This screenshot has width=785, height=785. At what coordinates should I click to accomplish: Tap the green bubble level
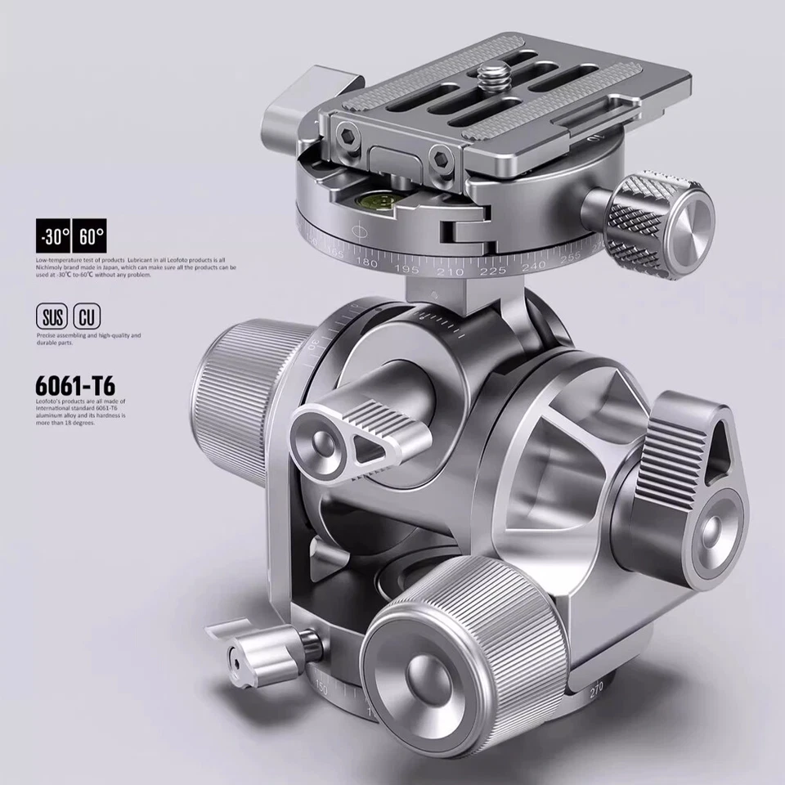tap(379, 196)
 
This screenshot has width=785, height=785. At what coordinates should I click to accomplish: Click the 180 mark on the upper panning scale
tap(368, 263)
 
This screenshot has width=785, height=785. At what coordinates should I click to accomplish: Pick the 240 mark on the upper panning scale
tap(533, 266)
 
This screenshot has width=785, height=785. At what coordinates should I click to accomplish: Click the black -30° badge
tap(54, 238)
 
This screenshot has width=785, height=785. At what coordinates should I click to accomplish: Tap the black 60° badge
tap(91, 238)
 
